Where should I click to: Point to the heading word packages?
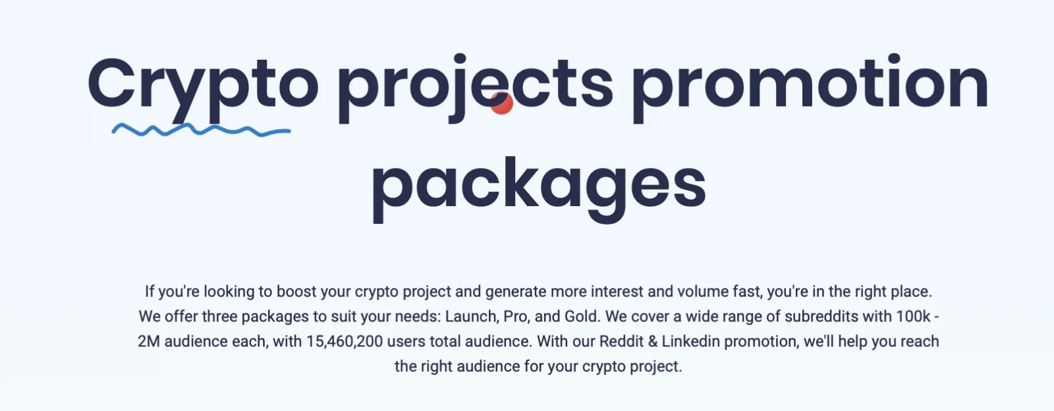pyautogui.click(x=540, y=189)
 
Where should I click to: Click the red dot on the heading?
pyautogui.click(x=501, y=103)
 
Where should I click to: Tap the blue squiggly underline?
pyautogui.click(x=201, y=130)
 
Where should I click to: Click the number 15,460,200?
pyautogui.click(x=345, y=341)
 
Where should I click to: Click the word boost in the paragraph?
pyautogui.click(x=296, y=292)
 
